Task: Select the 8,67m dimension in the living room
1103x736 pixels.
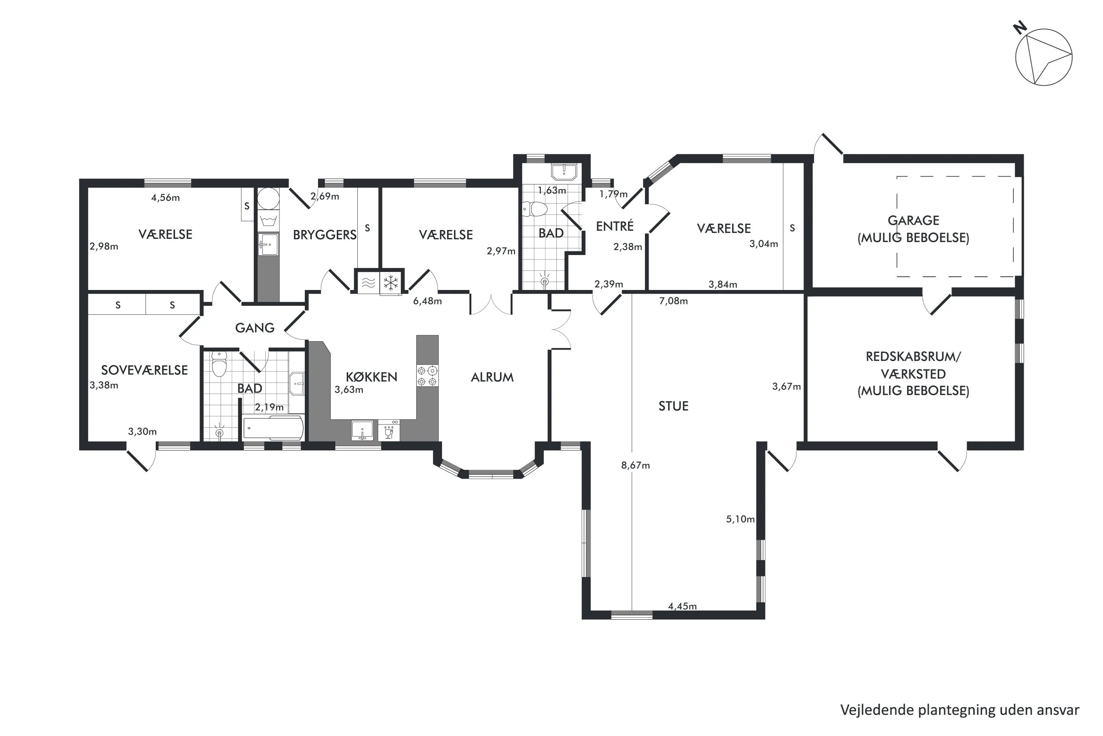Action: tap(635, 466)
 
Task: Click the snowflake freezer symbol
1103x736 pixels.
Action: tap(390, 283)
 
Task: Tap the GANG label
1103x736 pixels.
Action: tap(255, 328)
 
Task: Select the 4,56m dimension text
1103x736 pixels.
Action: tap(165, 198)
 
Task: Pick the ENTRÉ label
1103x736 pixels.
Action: tap(614, 226)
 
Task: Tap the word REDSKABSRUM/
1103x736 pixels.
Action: tap(913, 356)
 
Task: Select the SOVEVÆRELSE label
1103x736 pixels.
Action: tap(144, 370)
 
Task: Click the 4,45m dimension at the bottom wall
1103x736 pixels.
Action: tap(682, 606)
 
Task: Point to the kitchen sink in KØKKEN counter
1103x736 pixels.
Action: tap(362, 430)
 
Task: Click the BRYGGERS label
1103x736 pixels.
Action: tap(325, 235)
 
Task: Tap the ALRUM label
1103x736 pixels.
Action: tap(492, 377)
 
